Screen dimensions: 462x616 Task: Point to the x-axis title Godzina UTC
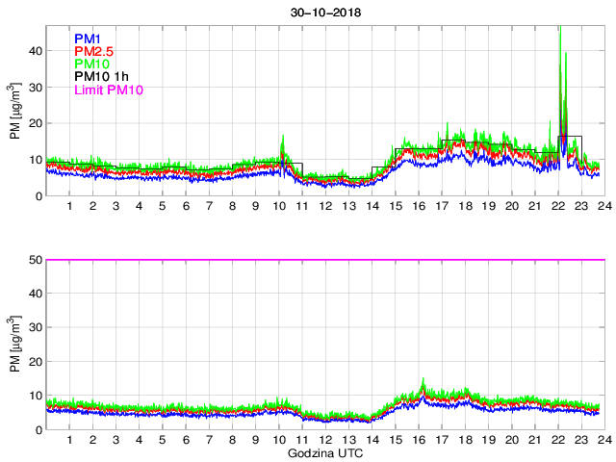point(324,452)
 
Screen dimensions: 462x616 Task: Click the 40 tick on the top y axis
point(36,50)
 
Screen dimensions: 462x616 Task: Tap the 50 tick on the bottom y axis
point(36,260)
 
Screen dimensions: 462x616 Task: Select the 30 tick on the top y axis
point(36,87)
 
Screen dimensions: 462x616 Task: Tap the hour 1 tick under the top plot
point(70,207)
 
